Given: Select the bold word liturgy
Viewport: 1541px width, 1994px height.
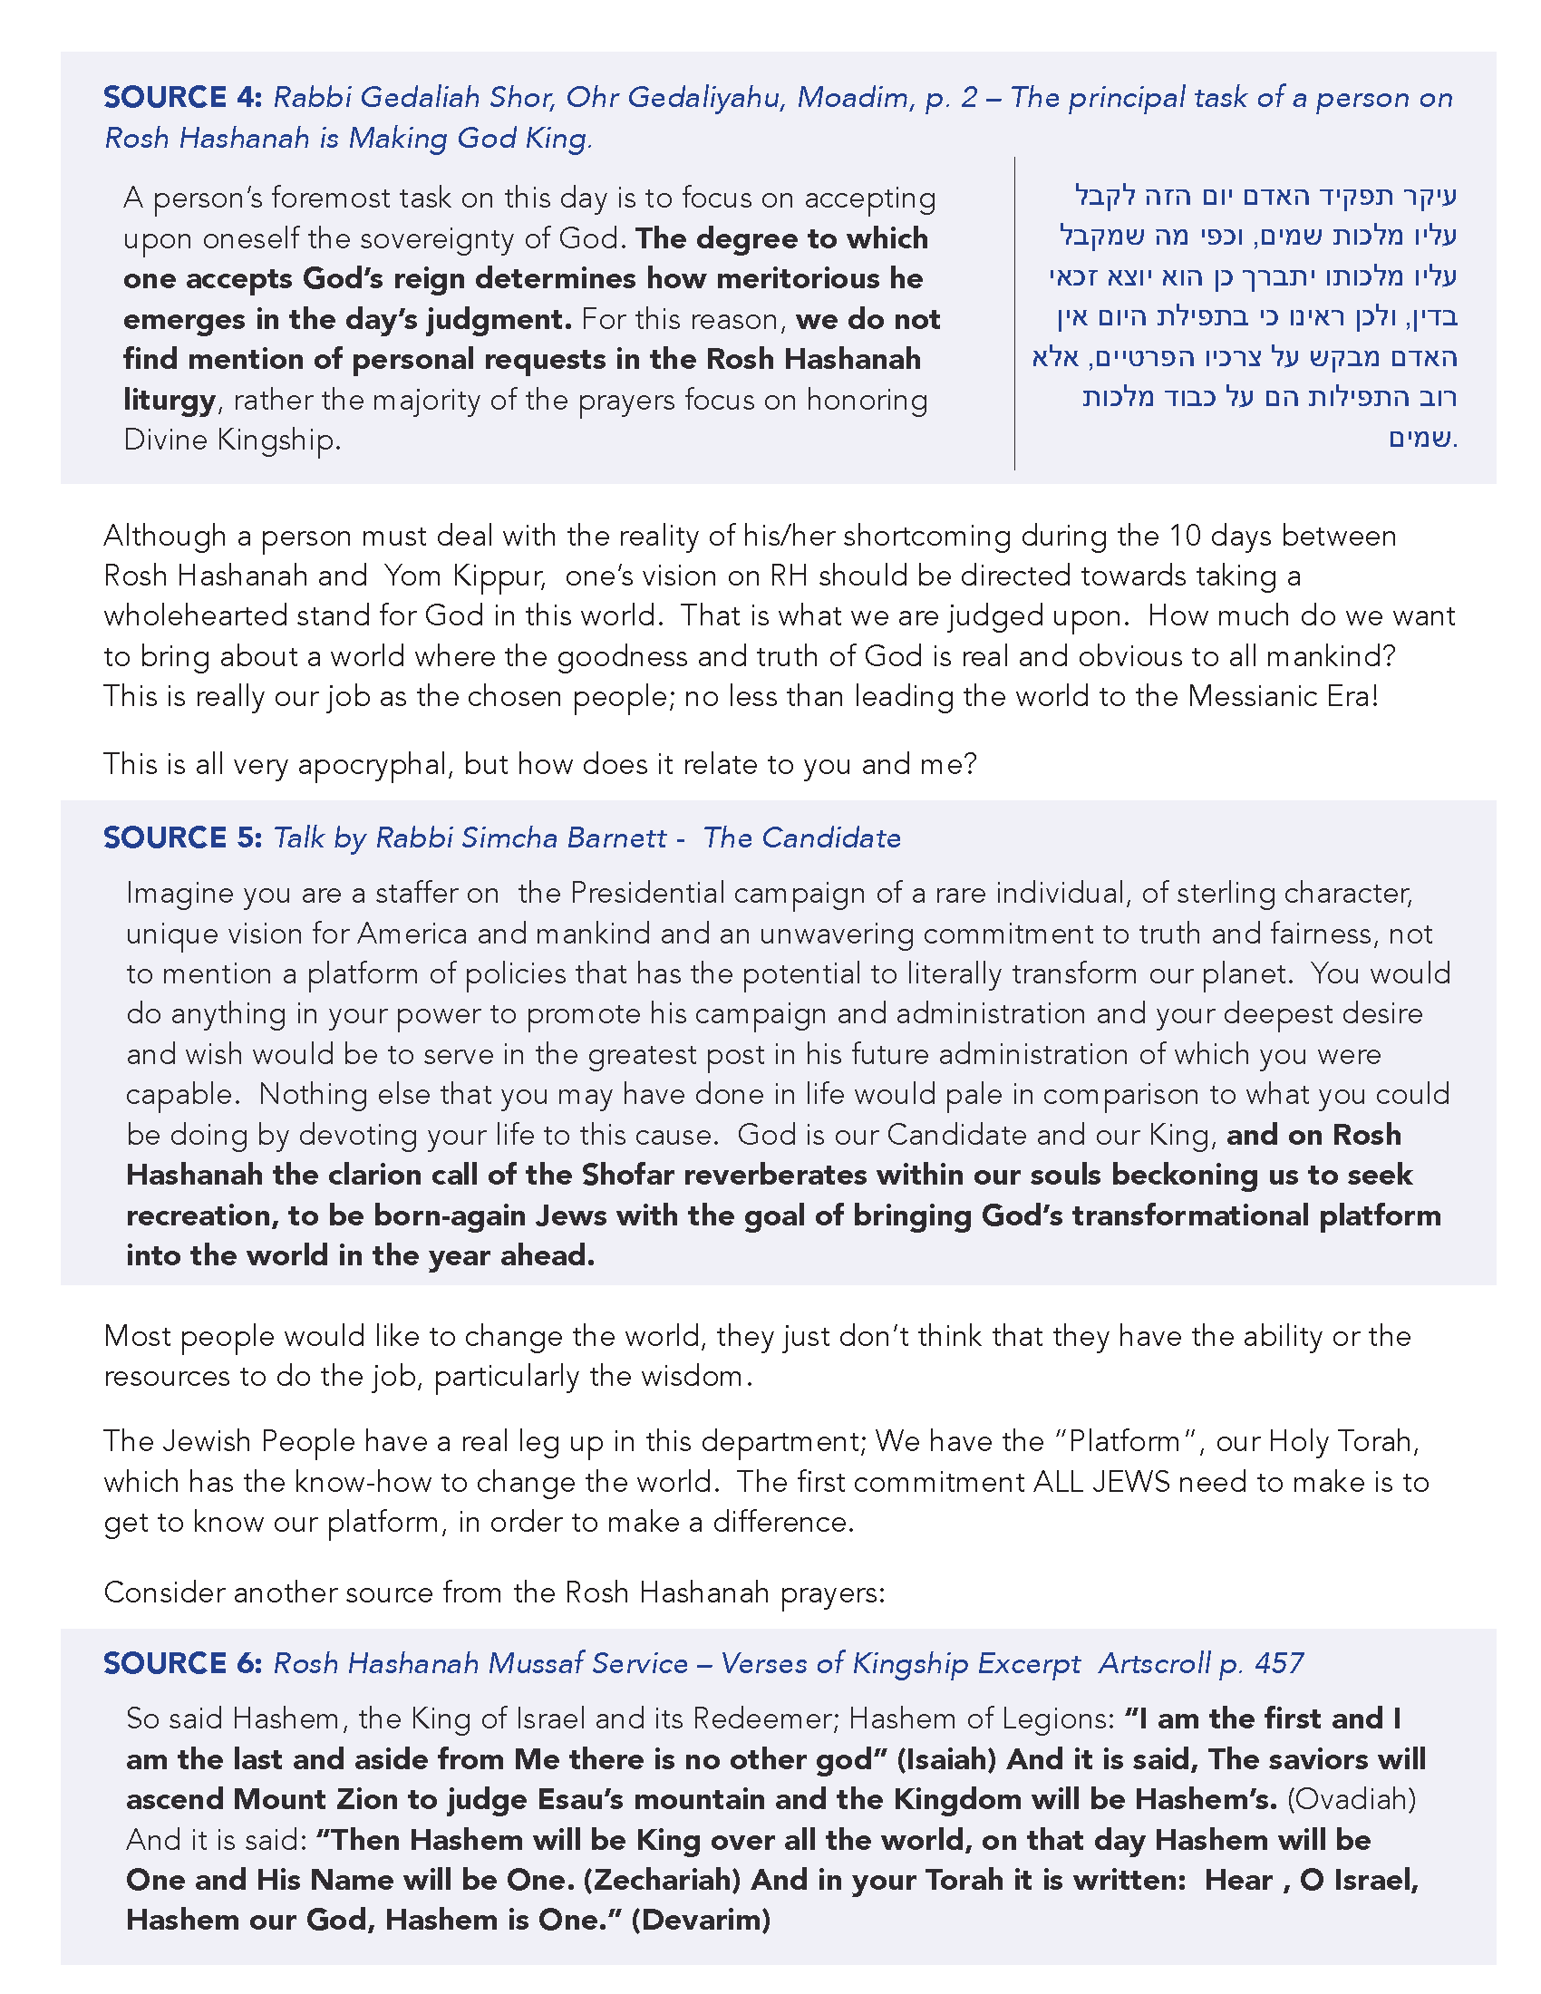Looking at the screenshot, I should tap(170, 400).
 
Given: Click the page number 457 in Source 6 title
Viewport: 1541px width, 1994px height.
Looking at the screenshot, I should tap(1279, 1662).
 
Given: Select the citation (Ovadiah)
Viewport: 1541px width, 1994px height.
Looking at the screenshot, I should tap(1352, 1798).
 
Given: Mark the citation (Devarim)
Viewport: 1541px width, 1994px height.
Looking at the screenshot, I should tap(701, 1920).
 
